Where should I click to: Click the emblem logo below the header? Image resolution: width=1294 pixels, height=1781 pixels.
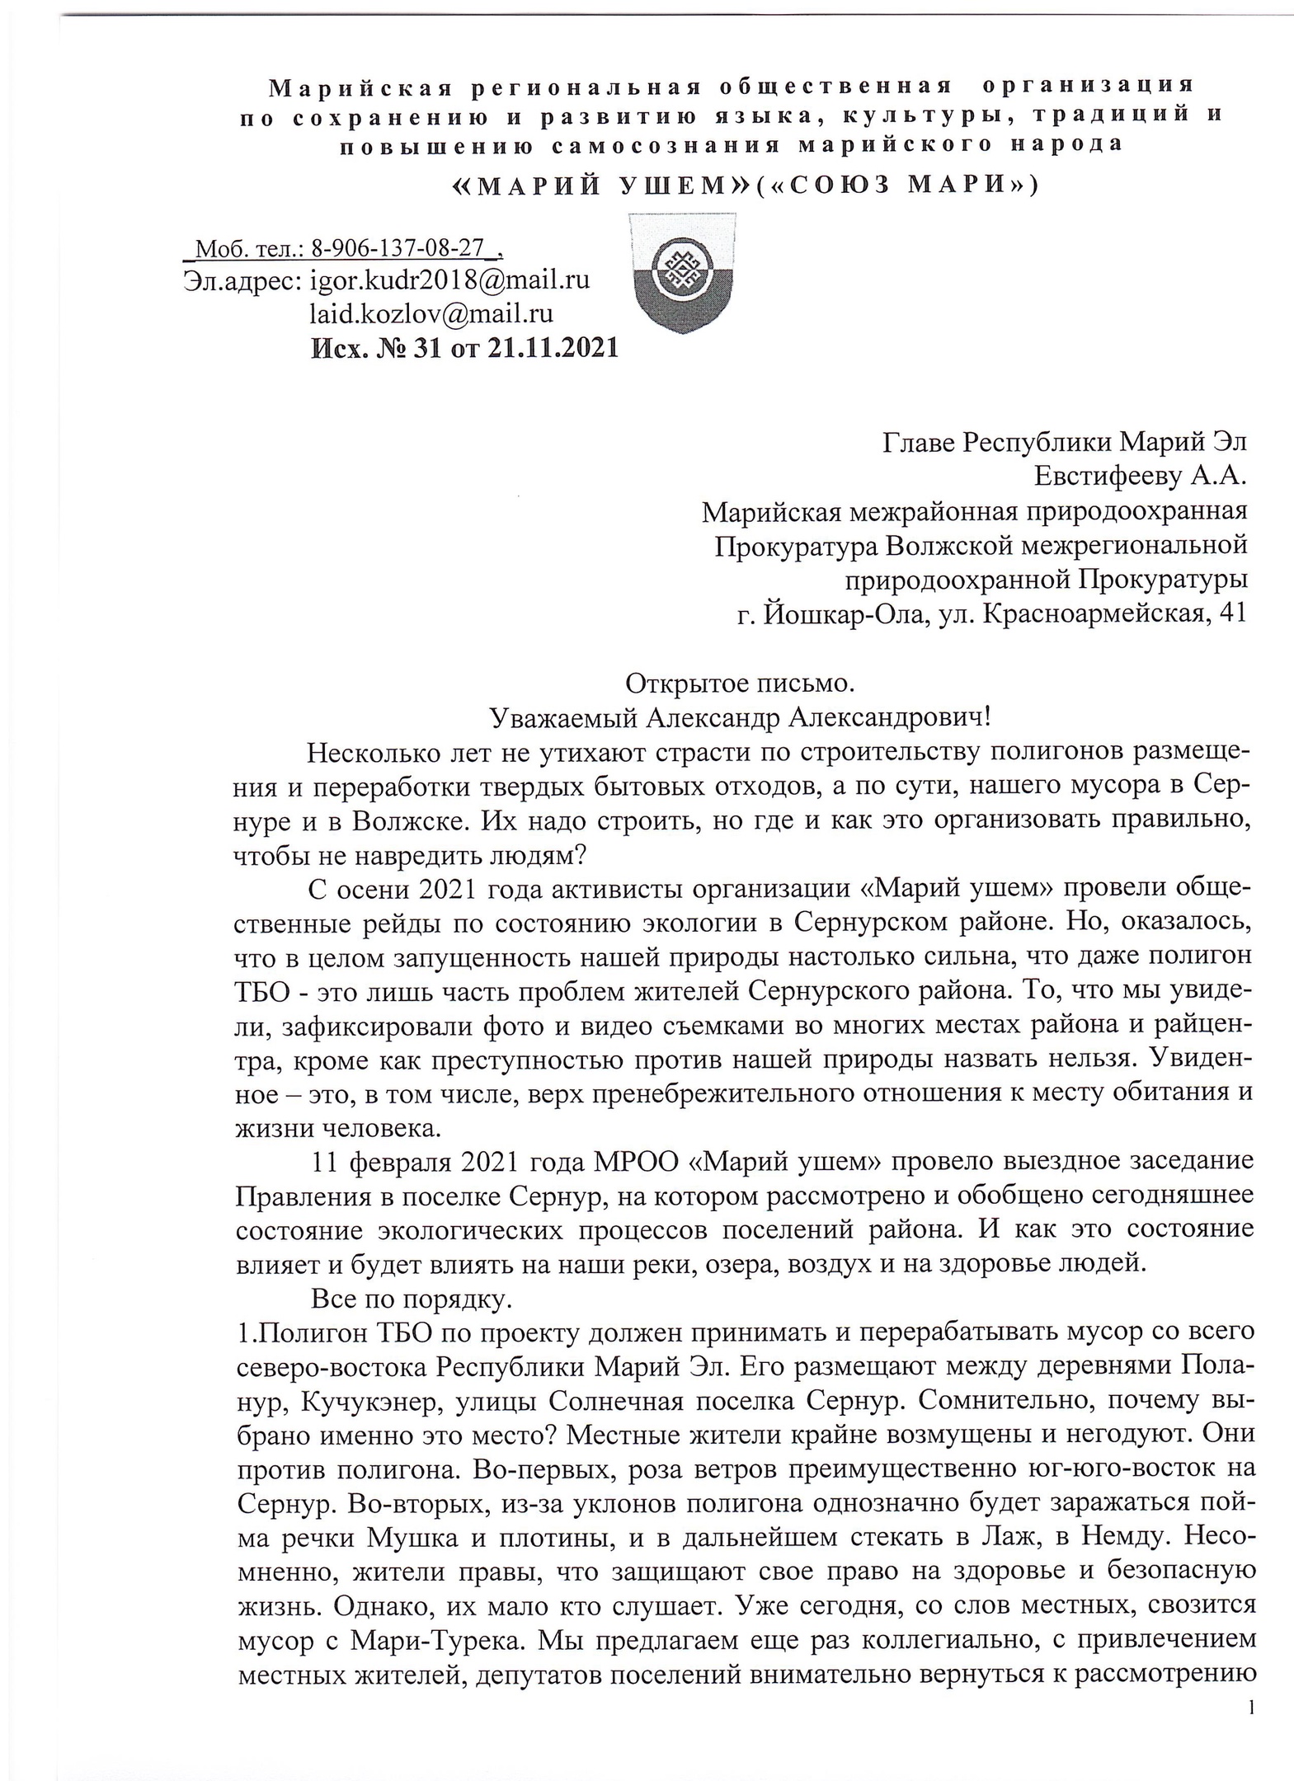681,272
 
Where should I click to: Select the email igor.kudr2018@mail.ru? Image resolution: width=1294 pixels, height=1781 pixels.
449,280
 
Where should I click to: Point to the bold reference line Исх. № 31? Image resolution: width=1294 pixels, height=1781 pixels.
464,348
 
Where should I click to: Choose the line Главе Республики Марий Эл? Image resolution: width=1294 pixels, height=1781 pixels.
1064,442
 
